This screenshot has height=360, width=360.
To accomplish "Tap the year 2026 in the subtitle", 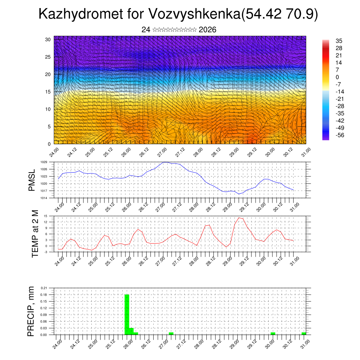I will click(207, 30).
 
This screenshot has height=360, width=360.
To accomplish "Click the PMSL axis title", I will click(32, 180).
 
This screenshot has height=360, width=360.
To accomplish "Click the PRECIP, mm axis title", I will click(31, 311).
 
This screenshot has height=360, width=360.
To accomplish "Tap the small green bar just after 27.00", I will click(171, 333).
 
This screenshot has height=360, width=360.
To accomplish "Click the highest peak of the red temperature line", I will click(239, 218).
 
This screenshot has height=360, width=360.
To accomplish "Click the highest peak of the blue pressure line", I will click(165, 162).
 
